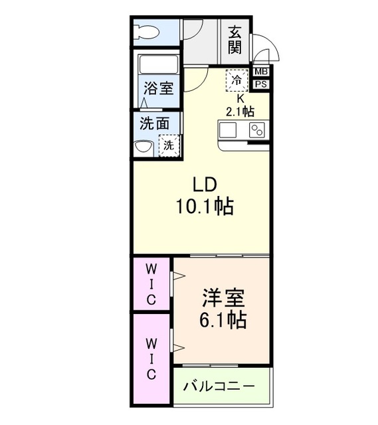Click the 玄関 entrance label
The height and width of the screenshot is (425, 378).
[235, 40]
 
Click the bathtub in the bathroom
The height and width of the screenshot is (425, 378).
[158, 65]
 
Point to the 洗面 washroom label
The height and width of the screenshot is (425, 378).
[155, 124]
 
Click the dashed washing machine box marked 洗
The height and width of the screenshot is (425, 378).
[169, 144]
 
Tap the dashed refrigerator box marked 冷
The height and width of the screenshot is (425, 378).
[236, 79]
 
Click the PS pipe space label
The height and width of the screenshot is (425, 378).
[261, 84]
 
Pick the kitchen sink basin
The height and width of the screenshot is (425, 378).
[230, 130]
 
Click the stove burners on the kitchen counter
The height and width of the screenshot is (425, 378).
[257, 131]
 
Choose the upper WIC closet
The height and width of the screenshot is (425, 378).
[151, 284]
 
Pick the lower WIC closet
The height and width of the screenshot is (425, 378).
[151, 359]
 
